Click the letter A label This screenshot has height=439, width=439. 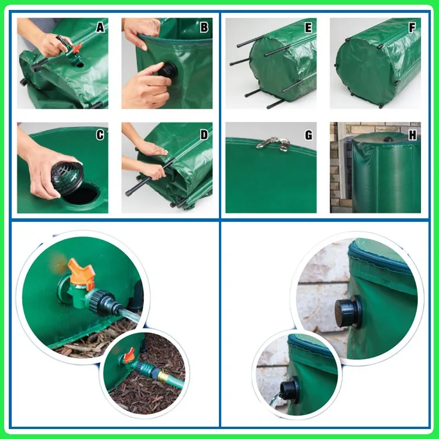click(100, 28)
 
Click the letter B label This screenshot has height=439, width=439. click(204, 28)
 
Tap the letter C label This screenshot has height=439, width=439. click(100, 135)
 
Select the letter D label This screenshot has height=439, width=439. click(204, 135)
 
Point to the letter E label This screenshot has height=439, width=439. click(308, 28)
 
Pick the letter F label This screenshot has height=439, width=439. click(412, 28)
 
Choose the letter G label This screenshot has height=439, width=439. click(308, 135)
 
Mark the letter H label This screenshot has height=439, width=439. click(413, 135)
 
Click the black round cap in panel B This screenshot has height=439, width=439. click(167, 70)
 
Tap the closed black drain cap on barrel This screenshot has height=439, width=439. click(348, 310)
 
